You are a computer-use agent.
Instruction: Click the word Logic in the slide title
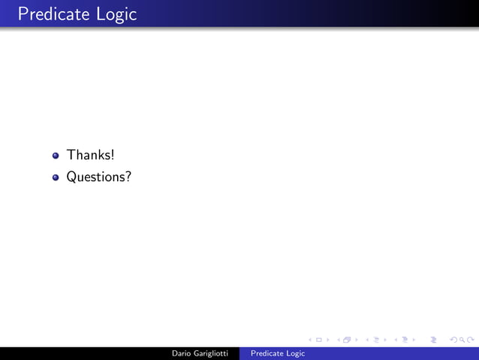(x=116, y=14)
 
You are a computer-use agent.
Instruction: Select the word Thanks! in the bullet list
(x=90, y=155)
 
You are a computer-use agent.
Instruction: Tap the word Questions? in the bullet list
(x=99, y=178)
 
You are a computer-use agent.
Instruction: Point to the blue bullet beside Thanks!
(x=56, y=156)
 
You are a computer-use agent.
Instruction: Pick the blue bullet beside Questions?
(x=56, y=178)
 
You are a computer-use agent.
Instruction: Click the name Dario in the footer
(x=184, y=353)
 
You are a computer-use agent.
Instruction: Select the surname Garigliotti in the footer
(x=213, y=353)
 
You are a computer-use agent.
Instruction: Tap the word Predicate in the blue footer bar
(x=267, y=353)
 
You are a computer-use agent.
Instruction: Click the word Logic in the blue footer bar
(x=295, y=353)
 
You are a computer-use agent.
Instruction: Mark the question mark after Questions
(x=128, y=177)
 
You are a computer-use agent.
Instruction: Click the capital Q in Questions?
(x=72, y=178)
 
